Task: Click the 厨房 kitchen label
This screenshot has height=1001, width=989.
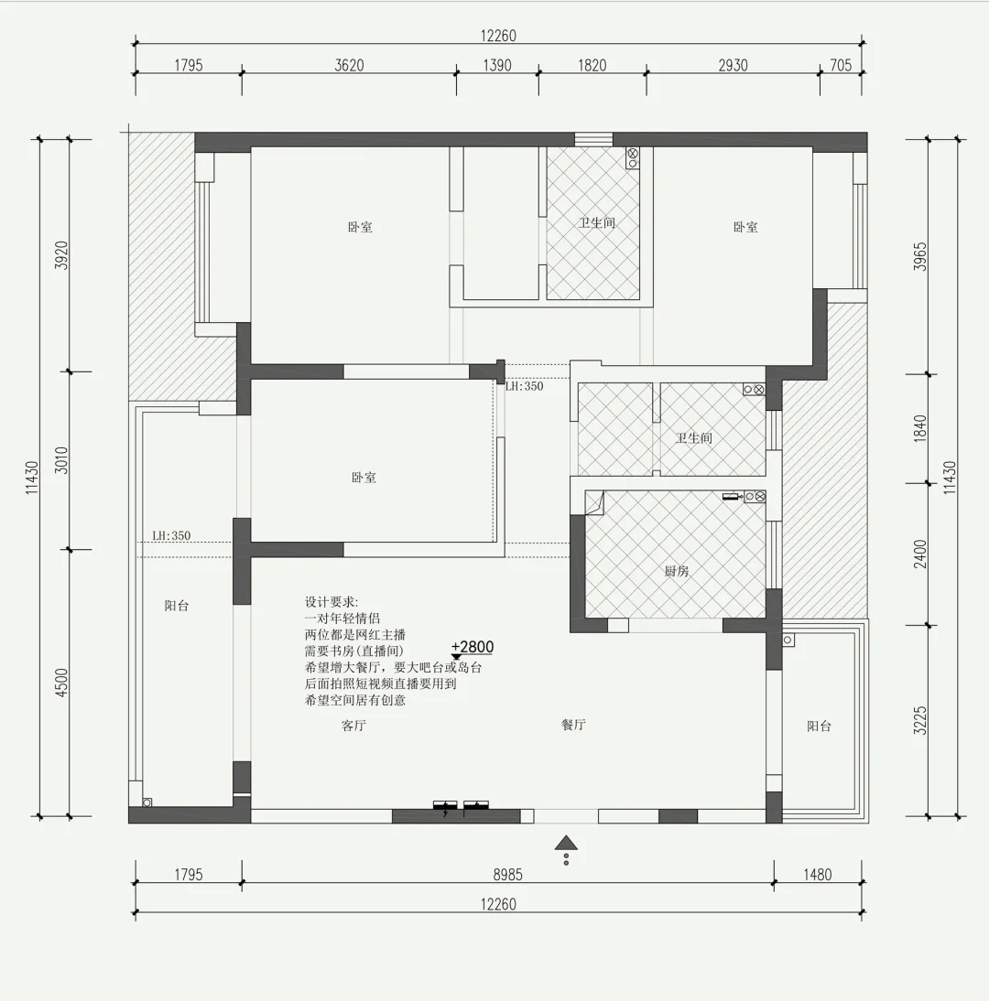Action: click(x=677, y=571)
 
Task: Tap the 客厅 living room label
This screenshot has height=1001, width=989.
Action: click(x=353, y=726)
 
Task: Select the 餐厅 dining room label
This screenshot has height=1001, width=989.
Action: click(x=573, y=725)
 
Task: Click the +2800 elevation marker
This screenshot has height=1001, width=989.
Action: click(x=473, y=647)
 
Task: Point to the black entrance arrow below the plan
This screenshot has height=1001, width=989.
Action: click(x=566, y=844)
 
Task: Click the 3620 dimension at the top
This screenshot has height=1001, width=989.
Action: click(x=349, y=65)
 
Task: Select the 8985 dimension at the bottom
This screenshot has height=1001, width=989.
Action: click(x=507, y=875)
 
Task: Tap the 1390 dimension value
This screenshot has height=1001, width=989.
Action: click(x=497, y=65)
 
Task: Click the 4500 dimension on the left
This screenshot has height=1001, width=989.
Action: click(x=61, y=683)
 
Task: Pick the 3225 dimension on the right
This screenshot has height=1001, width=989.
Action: click(x=919, y=720)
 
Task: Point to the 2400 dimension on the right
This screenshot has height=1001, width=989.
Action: click(x=919, y=554)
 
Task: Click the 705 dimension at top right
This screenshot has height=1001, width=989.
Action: click(x=841, y=65)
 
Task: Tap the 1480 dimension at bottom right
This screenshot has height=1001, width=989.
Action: click(x=817, y=875)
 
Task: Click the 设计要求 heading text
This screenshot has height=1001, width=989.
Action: click(x=331, y=602)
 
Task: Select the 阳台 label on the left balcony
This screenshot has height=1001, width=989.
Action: click(x=177, y=606)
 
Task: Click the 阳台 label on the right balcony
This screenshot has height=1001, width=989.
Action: click(x=819, y=726)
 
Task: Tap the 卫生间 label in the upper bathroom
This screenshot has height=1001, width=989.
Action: click(x=597, y=222)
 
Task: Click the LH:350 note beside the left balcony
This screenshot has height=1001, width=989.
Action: click(x=171, y=535)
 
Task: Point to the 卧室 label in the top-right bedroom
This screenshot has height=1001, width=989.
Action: click(x=745, y=227)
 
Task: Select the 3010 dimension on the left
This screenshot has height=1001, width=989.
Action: click(x=61, y=459)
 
